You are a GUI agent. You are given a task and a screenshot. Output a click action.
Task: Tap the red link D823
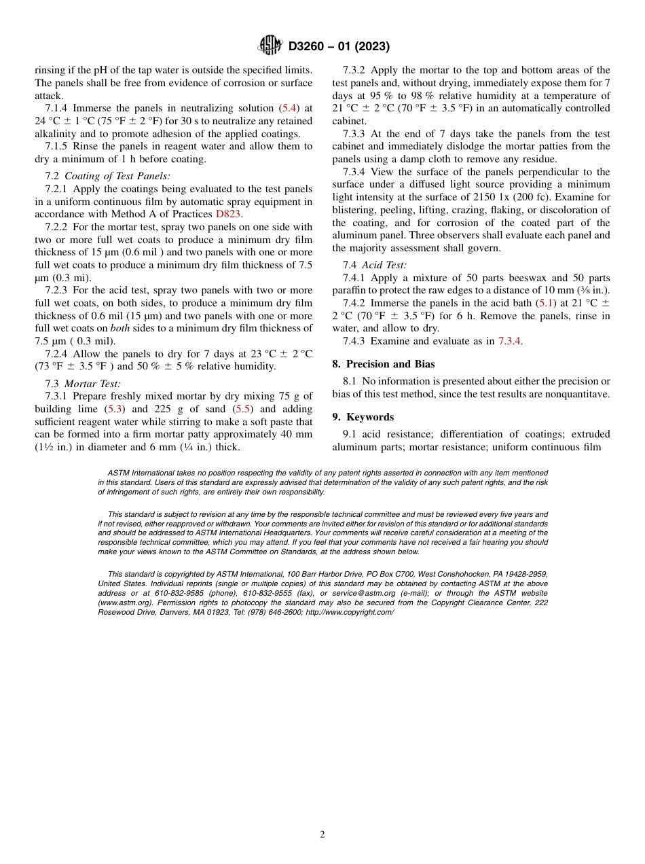228,214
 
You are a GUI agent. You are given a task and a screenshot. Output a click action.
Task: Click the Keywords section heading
370,417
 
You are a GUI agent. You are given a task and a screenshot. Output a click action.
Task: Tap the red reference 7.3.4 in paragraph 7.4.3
509,341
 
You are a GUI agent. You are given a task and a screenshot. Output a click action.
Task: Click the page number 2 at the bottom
322,835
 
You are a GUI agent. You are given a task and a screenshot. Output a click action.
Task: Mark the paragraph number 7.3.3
354,134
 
